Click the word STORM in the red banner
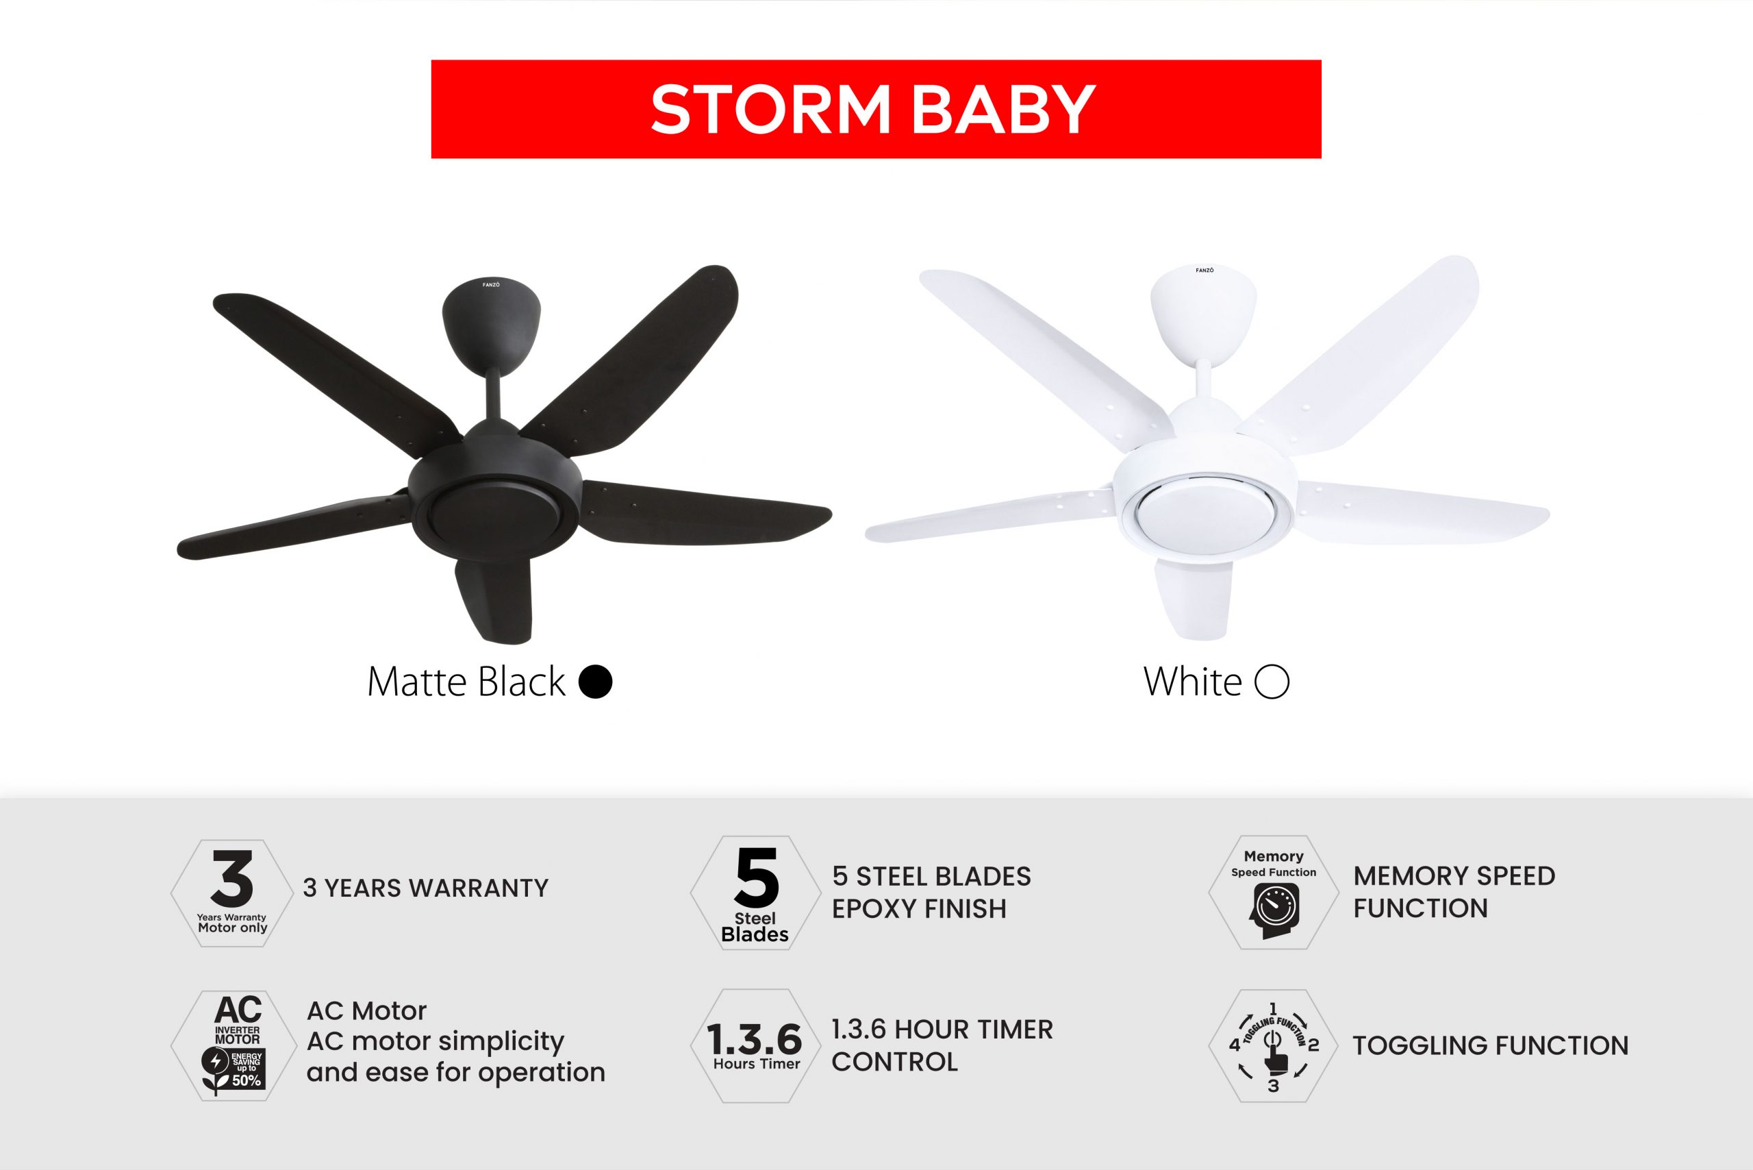770,110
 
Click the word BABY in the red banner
1003,110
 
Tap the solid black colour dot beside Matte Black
595,682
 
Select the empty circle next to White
1272,682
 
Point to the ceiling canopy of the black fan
491,325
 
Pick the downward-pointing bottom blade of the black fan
494,600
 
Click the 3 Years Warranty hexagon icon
232,893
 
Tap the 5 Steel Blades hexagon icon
755,893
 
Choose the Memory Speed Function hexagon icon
1274,893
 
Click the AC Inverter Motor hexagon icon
235,1045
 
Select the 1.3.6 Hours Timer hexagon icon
755,1046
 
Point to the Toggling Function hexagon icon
1274,1046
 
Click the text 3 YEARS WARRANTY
425,888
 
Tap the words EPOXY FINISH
919,909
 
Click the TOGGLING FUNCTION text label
1491,1045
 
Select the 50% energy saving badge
234,1069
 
